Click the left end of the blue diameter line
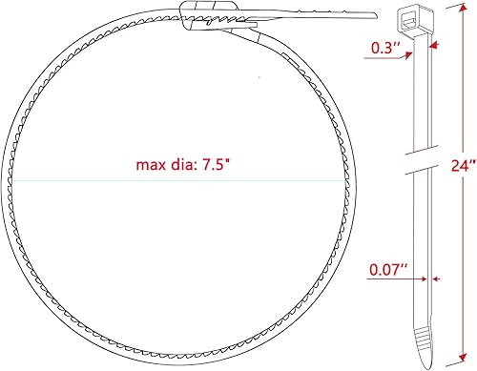(x=8, y=181)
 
